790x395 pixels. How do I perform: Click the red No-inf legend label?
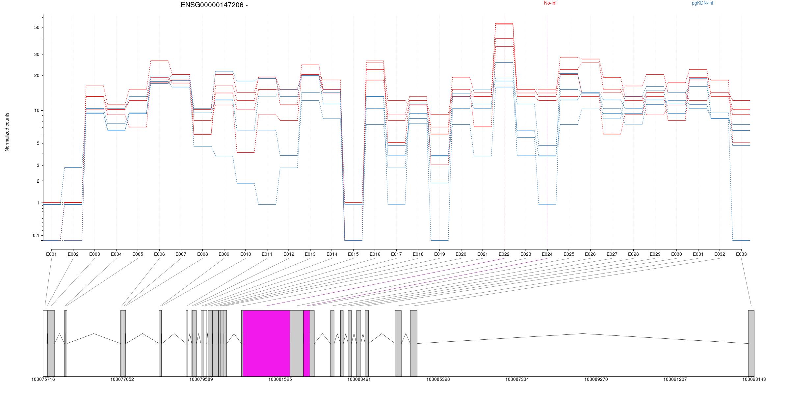(550, 3)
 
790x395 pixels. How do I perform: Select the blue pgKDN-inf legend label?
(702, 3)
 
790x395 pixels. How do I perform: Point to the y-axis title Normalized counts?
(7, 132)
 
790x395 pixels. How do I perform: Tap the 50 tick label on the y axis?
(37, 27)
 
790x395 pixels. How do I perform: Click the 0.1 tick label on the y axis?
(36, 235)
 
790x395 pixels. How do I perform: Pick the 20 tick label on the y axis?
(37, 75)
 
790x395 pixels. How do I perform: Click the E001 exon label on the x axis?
(51, 254)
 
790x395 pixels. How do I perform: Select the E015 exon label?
(353, 254)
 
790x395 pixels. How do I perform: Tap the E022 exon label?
(504, 254)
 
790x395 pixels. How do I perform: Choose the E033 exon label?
(741, 254)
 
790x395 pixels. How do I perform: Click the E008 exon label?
(202, 254)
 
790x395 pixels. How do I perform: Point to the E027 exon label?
(612, 254)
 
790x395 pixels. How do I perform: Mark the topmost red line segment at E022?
(504, 23)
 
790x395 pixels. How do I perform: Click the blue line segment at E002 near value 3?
(73, 167)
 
